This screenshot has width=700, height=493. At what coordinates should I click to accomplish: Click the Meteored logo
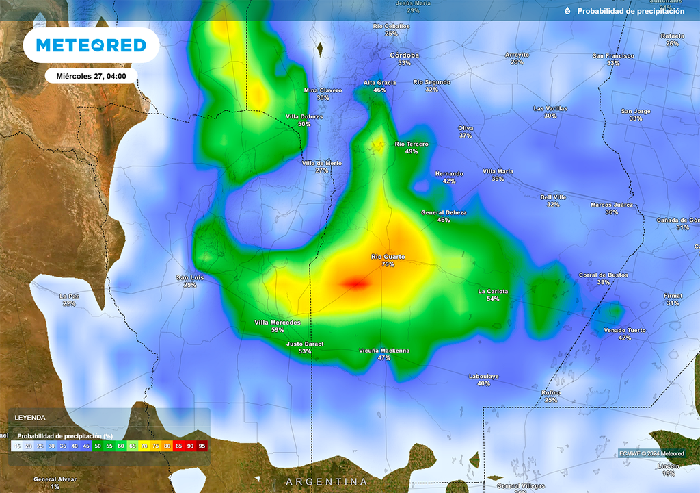[91, 45]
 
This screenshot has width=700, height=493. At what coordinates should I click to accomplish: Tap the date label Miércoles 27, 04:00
[92, 76]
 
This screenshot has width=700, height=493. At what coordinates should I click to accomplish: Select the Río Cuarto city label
[388, 257]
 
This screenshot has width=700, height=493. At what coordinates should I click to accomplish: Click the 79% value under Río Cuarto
[388, 264]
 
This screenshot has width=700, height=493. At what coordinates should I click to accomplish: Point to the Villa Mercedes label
[277, 322]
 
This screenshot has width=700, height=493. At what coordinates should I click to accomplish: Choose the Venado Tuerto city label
[624, 330]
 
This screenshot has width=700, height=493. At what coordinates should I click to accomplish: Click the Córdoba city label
[404, 55]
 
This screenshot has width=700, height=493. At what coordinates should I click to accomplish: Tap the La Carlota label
[493, 291]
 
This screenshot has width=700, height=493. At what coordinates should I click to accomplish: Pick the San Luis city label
[190, 277]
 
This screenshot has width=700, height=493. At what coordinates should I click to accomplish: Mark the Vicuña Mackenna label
[384, 351]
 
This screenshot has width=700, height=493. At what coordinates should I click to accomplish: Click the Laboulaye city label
[483, 376]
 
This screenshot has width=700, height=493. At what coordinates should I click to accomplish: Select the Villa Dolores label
[304, 116]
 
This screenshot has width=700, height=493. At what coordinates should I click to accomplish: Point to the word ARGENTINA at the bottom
[327, 481]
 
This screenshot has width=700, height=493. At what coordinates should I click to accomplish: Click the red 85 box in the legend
[178, 446]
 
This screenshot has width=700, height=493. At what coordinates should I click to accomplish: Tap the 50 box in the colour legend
[98, 446]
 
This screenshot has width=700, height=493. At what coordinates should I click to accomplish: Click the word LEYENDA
[30, 417]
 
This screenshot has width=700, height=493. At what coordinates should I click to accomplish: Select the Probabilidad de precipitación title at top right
[630, 11]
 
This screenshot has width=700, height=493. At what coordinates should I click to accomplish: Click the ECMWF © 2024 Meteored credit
[651, 453]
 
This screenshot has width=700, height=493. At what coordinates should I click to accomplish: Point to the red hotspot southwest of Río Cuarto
[355, 282]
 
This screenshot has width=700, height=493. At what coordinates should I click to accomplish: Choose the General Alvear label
[55, 479]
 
